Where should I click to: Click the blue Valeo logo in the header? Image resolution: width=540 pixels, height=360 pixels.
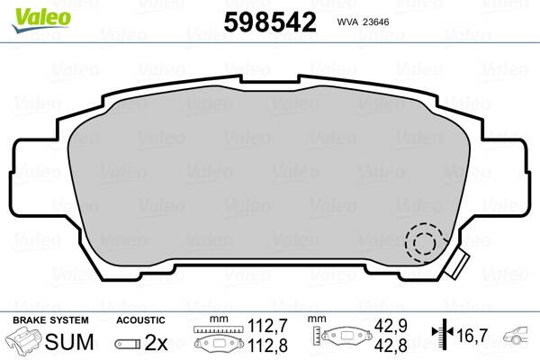pyautogui.click(x=34, y=12)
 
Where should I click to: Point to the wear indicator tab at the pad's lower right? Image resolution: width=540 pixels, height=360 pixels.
pyautogui.click(x=459, y=264)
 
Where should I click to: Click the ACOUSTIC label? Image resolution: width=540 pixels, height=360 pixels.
pyautogui.click(x=140, y=320)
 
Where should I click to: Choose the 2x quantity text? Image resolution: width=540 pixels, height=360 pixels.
pyautogui.click(x=157, y=343)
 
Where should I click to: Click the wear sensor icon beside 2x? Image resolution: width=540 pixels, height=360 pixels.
pyautogui.click(x=126, y=344)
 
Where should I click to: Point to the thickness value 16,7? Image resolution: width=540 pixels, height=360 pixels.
pyautogui.click(x=472, y=336)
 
